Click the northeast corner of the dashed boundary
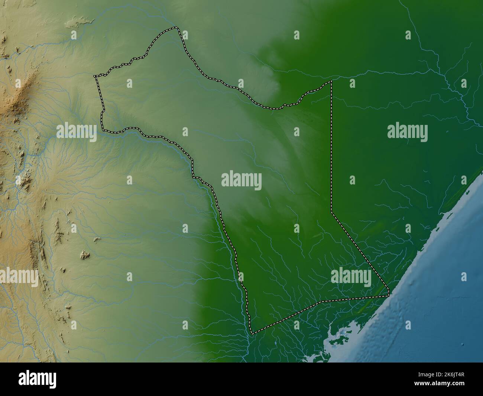pos(331,81)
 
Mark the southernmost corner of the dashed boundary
pos(252,334)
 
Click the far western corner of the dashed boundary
pos(95,76)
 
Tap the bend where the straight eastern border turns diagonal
pos(331,212)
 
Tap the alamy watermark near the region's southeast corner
pos(351,277)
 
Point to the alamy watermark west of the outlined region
pos(77,132)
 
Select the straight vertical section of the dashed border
pos(331,149)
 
